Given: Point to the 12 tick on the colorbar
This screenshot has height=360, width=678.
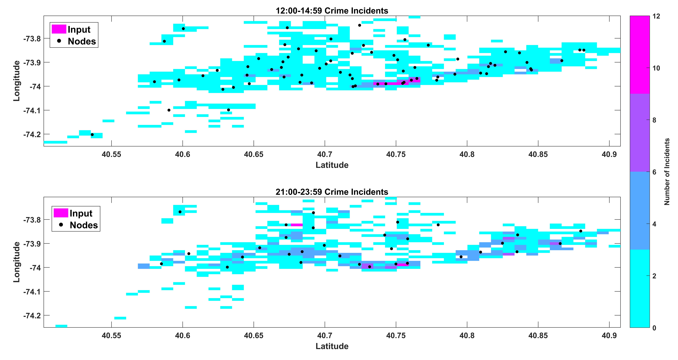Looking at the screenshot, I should [x=657, y=16].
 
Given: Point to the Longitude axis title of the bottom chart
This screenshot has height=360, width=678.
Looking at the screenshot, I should [x=16, y=262].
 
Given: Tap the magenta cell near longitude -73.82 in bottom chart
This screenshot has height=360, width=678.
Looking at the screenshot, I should [x=297, y=225].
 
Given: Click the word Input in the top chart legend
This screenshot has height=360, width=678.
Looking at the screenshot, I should [x=79, y=29].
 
